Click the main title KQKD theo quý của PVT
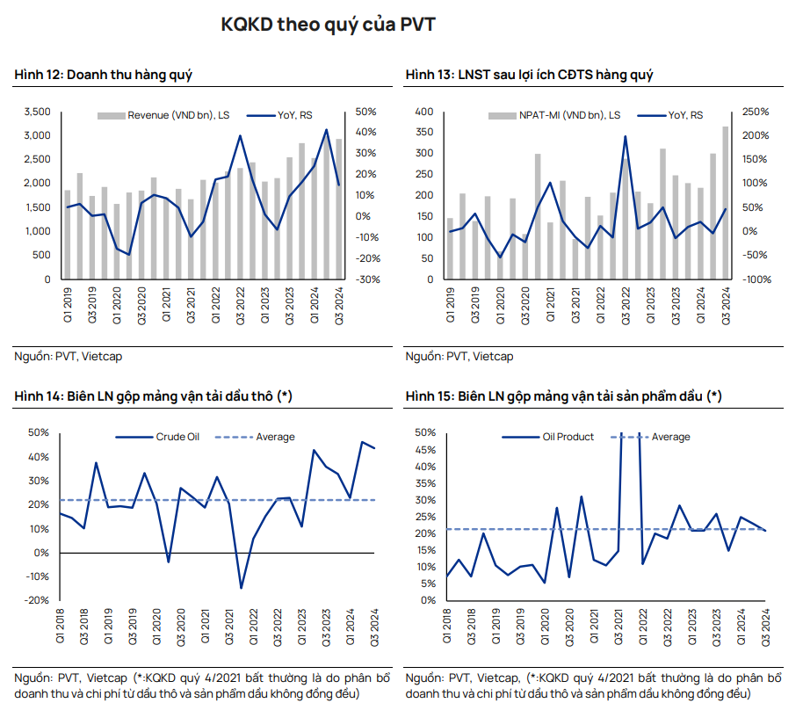(x=328, y=25)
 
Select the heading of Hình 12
(x=104, y=76)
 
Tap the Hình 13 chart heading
(x=529, y=76)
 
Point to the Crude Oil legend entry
(x=177, y=437)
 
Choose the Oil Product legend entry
(x=568, y=437)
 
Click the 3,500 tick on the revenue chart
(x=37, y=112)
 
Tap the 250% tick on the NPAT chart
(x=755, y=112)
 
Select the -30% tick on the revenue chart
(x=367, y=279)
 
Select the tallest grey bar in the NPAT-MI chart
(x=726, y=202)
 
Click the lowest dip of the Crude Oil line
(x=241, y=588)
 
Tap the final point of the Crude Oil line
(x=375, y=448)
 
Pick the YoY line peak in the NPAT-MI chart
(x=626, y=136)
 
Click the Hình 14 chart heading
(x=153, y=397)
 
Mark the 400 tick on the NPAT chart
(x=425, y=112)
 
